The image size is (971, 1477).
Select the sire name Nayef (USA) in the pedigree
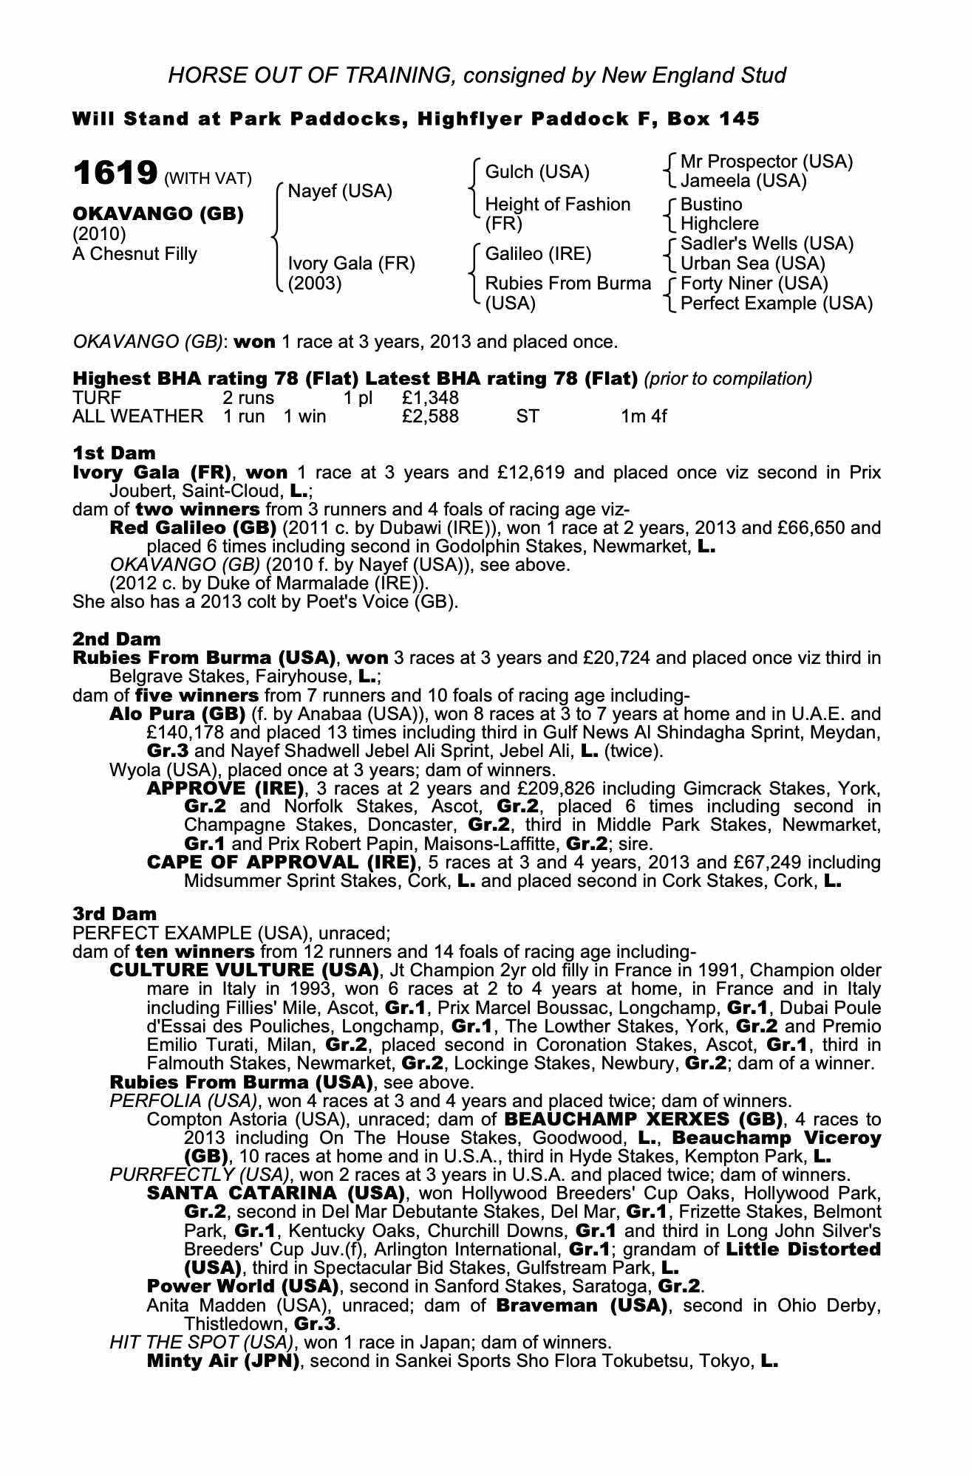pos(340,192)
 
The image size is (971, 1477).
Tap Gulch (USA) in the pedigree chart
pos(537,173)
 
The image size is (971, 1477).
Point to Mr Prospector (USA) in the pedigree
pos(766,162)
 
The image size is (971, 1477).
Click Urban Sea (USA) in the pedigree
pos(753,264)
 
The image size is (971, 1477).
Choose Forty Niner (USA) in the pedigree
pos(754,284)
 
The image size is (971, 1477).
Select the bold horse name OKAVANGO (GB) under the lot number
pos(158,214)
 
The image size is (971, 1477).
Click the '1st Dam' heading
pos(114,453)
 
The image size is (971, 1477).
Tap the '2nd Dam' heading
pos(117,638)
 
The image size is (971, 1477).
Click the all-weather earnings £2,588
pos(430,417)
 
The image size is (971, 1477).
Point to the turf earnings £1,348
pos(430,398)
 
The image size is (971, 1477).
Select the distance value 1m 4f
pos(644,417)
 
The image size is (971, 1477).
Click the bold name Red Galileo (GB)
pos(192,528)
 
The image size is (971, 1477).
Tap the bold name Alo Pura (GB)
pos(177,714)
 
